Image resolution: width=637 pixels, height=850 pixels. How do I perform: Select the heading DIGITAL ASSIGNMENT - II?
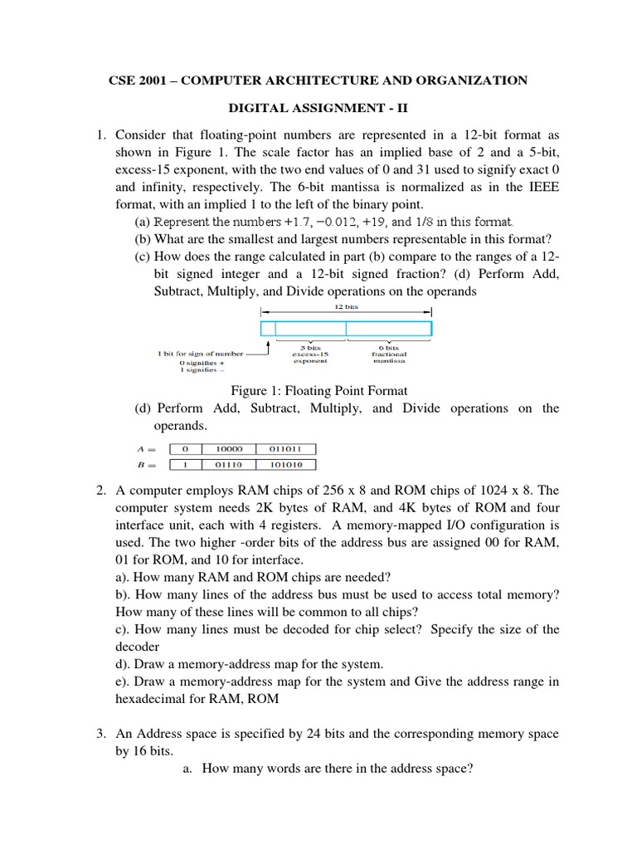tap(318, 108)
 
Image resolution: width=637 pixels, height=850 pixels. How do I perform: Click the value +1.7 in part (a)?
tap(283, 222)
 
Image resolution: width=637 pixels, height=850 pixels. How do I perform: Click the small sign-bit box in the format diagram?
tap(267, 329)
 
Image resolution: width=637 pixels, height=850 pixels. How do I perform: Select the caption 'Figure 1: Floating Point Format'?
tap(319, 390)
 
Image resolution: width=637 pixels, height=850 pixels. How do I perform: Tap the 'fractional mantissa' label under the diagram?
tap(388, 355)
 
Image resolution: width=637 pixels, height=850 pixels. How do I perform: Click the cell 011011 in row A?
tap(286, 449)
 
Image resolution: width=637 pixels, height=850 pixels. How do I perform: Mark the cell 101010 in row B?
tap(286, 466)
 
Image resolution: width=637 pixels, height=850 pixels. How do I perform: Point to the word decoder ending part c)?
tap(137, 646)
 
